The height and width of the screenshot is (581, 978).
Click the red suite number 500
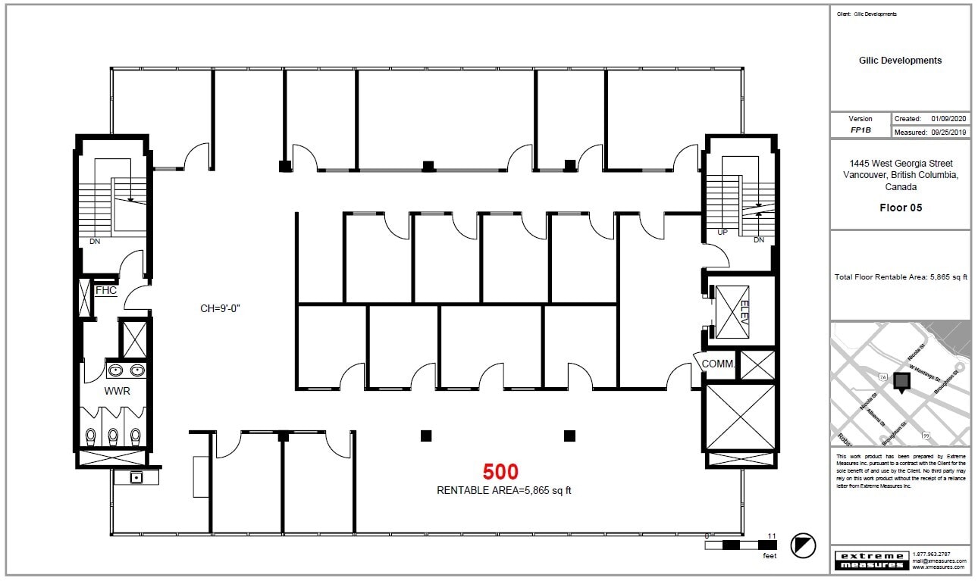500,472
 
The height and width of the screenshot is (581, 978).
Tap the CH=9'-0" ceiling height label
221,308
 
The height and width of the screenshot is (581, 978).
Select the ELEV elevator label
744,312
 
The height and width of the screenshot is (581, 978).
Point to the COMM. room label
718,364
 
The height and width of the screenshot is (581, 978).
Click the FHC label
106,290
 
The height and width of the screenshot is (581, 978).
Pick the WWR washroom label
118,392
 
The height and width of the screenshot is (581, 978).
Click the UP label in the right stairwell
723,232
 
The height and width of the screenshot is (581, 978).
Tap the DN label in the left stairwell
95,242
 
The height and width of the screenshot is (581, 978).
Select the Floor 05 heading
901,208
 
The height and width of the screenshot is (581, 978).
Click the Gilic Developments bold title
900,61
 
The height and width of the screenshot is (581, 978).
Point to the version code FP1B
860,130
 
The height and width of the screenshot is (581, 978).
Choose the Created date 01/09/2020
949,119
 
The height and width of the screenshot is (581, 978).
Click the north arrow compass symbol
803,545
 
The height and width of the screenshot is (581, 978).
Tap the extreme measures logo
871,561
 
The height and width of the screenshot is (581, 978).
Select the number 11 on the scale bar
772,536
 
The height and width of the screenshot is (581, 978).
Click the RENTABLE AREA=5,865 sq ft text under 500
503,490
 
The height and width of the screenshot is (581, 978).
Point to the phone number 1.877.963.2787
932,554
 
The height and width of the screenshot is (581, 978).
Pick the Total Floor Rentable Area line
900,276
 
